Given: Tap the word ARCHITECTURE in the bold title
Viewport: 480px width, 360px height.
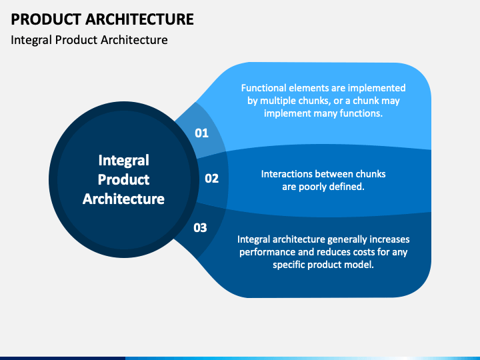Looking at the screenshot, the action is point(139,19).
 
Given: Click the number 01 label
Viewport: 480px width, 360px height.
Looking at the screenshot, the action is point(202,133).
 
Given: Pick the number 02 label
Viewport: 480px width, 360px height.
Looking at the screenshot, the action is point(212,179).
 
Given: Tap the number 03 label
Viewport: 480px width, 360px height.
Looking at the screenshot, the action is point(200,228).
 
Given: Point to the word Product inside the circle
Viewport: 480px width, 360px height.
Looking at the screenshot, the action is point(124,179).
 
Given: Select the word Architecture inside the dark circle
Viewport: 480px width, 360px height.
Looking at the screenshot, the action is point(124,199).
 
